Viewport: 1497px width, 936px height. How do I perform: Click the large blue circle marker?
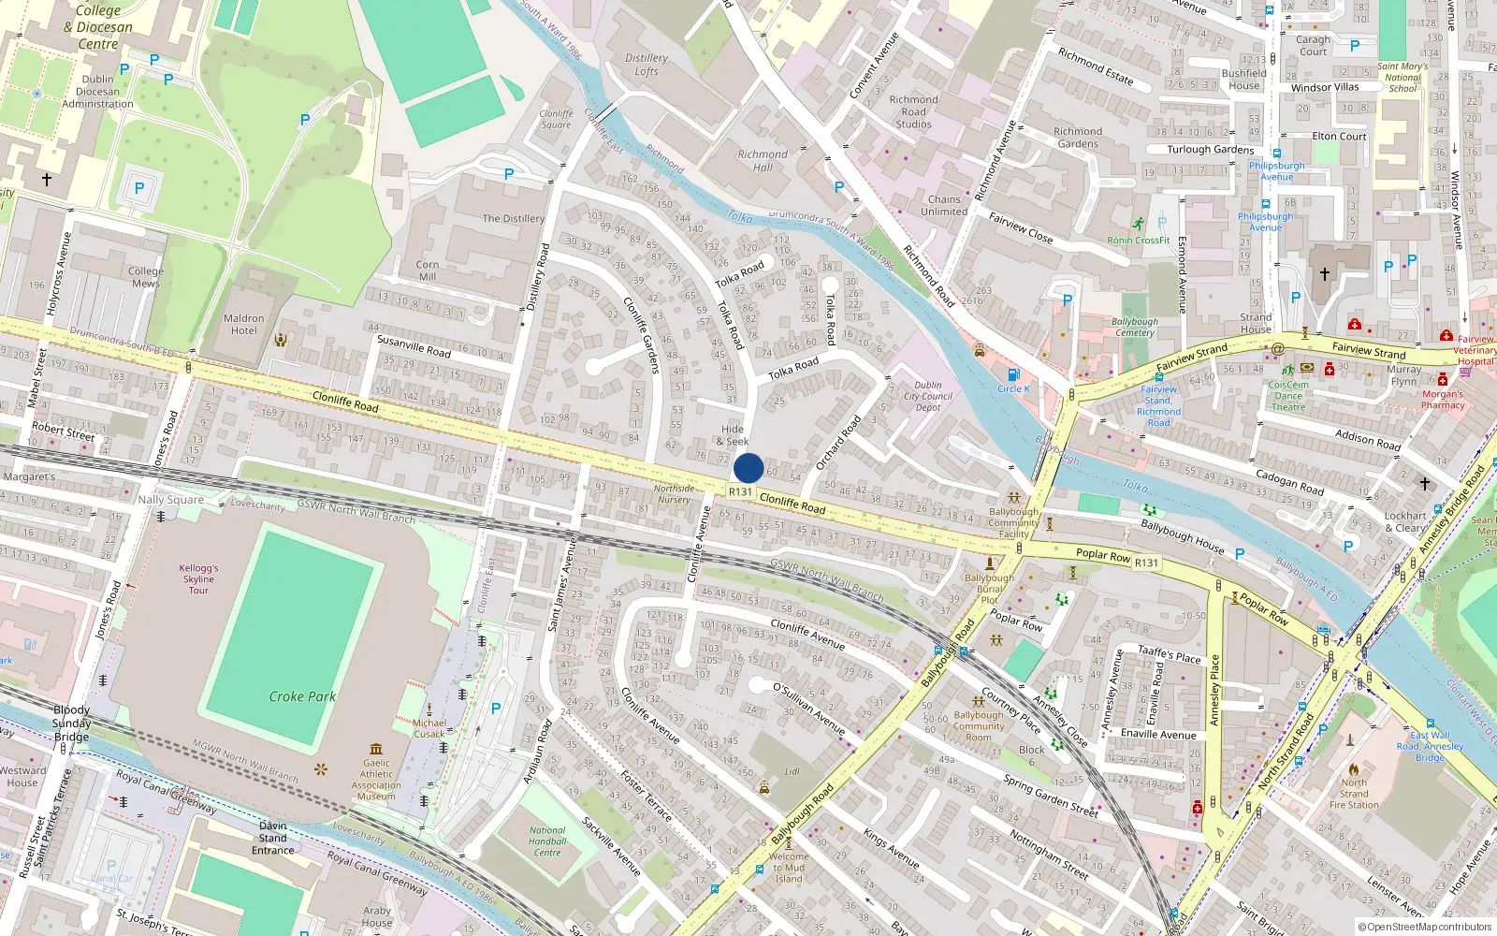(748, 468)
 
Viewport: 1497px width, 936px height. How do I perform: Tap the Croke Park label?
(302, 696)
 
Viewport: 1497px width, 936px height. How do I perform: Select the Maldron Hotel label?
(244, 324)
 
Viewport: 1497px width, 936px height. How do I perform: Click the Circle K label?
(1013, 388)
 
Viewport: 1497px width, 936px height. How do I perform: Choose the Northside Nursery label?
(674, 494)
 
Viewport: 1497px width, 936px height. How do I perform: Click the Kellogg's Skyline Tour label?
(198, 579)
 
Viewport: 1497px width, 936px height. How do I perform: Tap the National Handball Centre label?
(547, 841)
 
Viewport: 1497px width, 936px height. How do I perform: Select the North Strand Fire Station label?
(1354, 794)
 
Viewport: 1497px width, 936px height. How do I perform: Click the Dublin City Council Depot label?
(928, 396)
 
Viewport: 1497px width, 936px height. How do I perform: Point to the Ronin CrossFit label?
(1139, 240)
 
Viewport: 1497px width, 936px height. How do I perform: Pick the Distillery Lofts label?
(647, 65)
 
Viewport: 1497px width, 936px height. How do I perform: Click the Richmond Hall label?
(763, 161)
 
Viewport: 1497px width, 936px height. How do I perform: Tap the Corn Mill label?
(428, 271)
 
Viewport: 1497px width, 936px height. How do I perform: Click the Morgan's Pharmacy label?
(1443, 400)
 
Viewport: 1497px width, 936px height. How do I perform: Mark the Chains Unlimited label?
(944, 205)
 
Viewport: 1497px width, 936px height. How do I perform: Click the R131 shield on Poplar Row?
(1146, 563)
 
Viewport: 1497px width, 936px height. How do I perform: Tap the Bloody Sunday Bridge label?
(72, 723)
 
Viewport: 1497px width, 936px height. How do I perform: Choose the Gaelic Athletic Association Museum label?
(376, 780)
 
